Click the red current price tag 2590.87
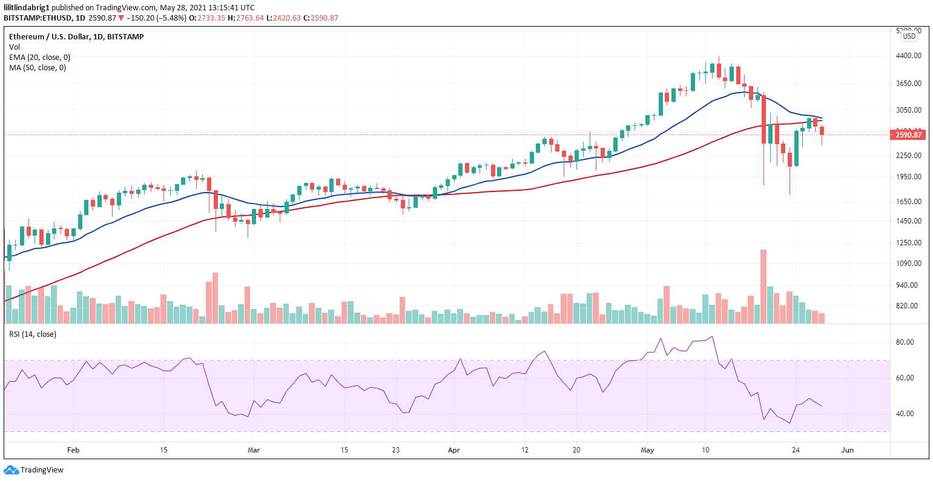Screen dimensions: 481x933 908,134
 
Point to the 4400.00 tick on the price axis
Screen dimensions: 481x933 908,56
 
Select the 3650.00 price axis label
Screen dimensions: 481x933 908,84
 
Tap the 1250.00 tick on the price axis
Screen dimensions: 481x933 908,243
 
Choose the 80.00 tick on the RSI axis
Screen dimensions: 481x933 905,342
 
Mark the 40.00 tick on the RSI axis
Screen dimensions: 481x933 905,414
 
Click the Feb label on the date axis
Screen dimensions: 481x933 73,451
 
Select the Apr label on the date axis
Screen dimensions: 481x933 454,451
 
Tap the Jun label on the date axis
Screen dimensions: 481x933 848,451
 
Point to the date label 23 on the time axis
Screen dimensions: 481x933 395,451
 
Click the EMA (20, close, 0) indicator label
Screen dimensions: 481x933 39,58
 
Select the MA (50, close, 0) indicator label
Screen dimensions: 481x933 37,68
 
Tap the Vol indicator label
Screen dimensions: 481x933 14,47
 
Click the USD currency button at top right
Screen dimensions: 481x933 909,36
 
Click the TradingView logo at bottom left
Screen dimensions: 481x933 34,470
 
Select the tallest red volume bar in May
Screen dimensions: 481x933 763,286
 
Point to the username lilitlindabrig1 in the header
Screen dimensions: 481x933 29,7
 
